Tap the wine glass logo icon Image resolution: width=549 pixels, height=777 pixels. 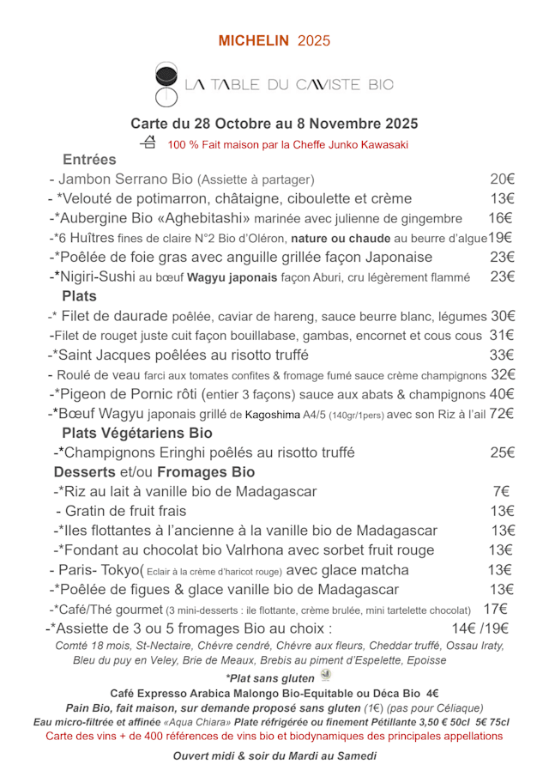point(166,83)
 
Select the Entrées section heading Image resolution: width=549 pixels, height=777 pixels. point(89,160)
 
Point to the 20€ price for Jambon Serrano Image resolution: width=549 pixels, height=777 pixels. point(502,179)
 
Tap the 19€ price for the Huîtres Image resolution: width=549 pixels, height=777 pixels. point(500,238)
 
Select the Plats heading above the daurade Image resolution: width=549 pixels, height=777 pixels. point(80,296)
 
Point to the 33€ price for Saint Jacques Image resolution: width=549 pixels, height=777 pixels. point(502,355)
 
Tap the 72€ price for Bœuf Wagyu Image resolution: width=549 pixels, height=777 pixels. point(502,414)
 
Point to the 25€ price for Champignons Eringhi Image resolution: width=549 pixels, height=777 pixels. point(502,452)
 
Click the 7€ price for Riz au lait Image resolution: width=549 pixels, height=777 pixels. point(501,492)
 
